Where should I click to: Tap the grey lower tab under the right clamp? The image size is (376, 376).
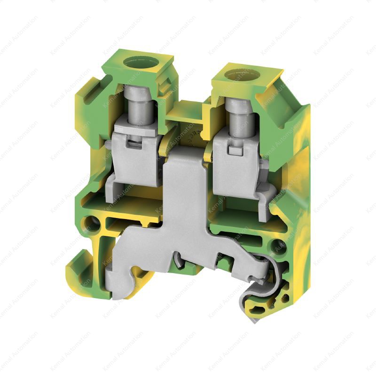pyautogui.click(x=264, y=200)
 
